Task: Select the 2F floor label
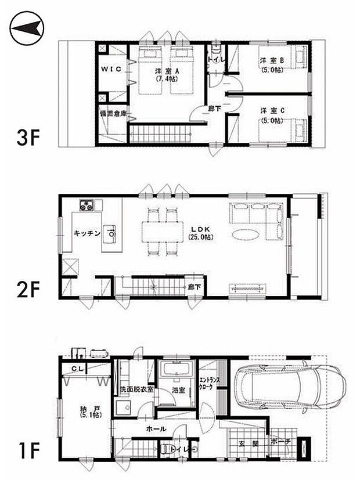[30, 288]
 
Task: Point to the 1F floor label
[30, 449]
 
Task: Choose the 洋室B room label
[267, 60]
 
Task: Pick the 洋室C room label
[267, 110]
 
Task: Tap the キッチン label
[87, 233]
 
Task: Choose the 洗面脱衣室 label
[136, 388]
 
